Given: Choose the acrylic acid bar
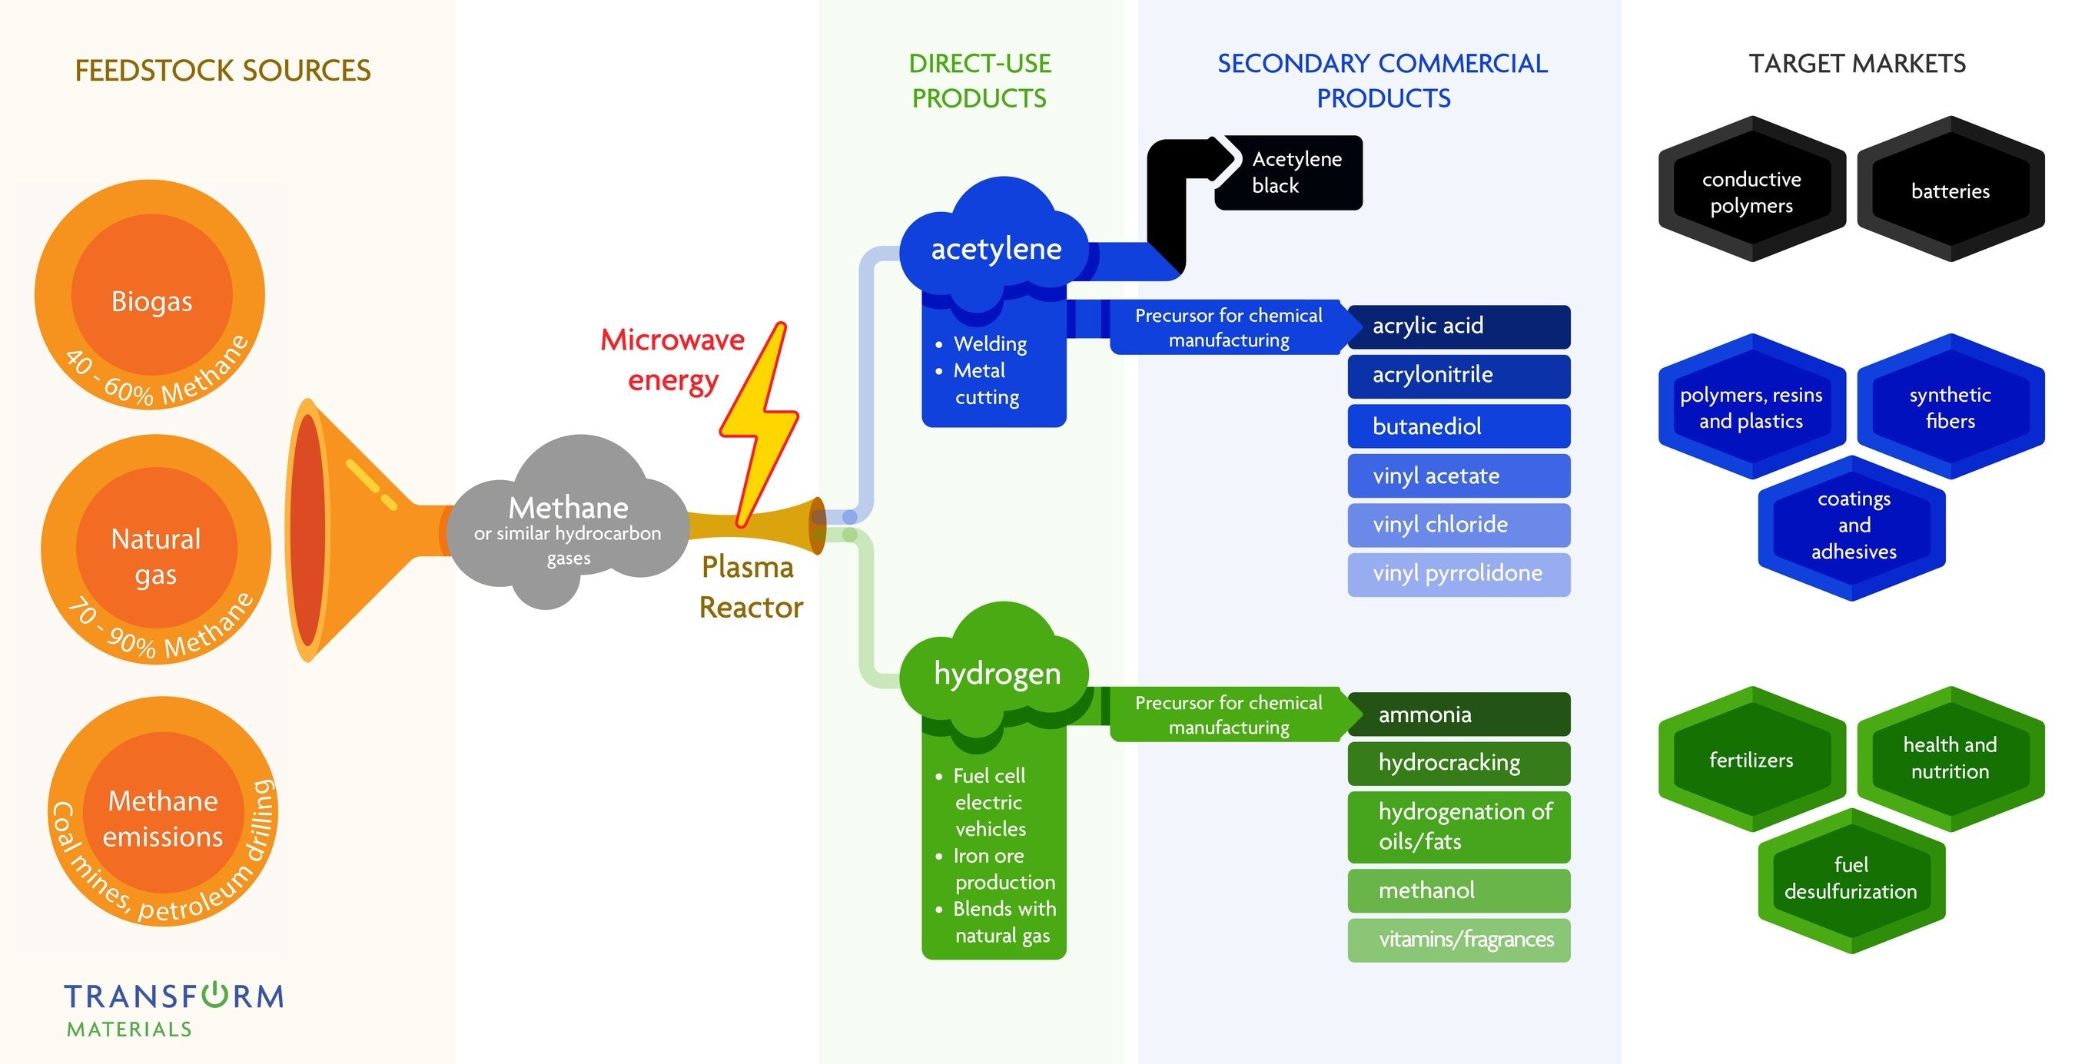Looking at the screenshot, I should pos(1458,326).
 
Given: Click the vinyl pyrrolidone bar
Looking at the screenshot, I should pos(1458,573).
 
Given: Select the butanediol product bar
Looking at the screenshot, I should pos(1458,426).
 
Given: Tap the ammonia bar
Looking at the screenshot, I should pos(1458,714).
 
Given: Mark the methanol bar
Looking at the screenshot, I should pos(1458,890).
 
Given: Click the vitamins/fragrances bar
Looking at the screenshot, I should pos(1458,939).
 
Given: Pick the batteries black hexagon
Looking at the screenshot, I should pos(1950,190).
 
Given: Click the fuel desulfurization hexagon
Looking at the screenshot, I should pos(1851,879).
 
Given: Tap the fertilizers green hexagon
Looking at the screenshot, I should pos(1751,760).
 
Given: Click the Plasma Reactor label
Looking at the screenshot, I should pos(750,587).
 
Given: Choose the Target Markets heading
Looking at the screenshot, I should pos(1857,64).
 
